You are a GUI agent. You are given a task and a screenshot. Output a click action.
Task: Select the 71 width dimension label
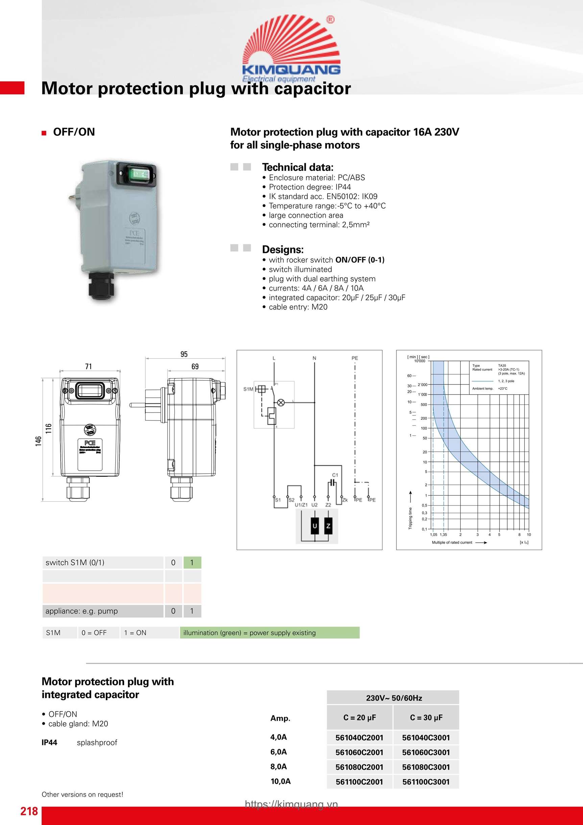point(88,367)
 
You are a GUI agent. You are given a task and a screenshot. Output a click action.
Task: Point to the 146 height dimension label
point(39,441)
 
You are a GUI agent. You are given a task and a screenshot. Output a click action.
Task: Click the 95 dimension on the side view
point(184,354)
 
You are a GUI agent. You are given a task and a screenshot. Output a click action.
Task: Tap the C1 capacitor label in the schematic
point(335,475)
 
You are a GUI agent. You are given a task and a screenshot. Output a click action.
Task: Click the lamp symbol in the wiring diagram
point(281,402)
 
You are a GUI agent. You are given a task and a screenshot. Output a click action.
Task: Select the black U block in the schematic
point(315,526)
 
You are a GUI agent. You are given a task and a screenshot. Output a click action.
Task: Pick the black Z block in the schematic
point(328,526)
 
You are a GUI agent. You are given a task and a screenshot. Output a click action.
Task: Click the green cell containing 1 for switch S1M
point(192,563)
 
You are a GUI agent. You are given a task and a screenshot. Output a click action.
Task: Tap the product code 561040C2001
point(359,738)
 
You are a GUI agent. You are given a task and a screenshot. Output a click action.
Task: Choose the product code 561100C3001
point(426,782)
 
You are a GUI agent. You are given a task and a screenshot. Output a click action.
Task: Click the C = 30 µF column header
point(426,717)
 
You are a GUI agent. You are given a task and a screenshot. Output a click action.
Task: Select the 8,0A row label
point(279,767)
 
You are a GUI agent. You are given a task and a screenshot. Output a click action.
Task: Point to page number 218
point(29,811)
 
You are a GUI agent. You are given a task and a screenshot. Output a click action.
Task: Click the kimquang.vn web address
point(291,804)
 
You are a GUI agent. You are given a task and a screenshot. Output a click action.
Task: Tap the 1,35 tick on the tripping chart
point(444,535)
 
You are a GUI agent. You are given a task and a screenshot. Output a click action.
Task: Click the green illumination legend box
point(269,633)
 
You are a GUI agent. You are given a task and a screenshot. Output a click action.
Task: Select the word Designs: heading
point(283,250)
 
